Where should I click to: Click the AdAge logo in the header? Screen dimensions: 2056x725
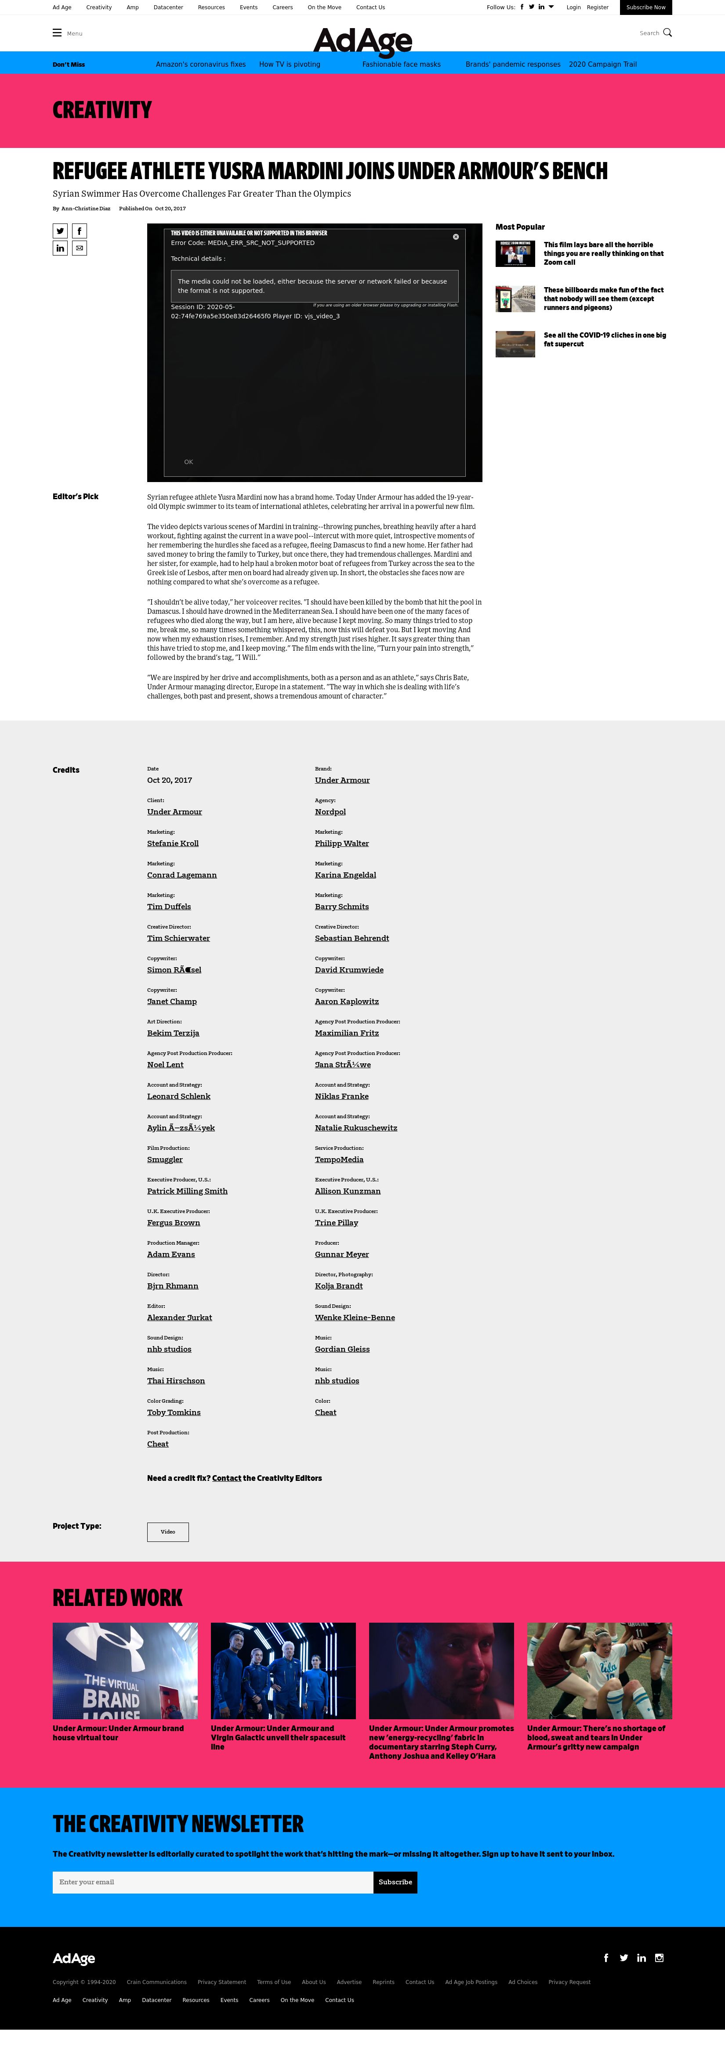[362, 40]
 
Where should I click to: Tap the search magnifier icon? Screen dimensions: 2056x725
[667, 33]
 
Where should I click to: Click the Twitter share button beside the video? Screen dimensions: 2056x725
[60, 230]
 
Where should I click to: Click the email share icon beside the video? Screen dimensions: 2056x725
[79, 248]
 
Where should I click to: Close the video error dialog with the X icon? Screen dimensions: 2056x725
[456, 236]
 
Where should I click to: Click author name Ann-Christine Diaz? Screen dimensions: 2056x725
[85, 208]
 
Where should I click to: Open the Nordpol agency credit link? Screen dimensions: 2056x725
[330, 812]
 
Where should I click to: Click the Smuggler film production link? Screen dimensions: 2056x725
[164, 1159]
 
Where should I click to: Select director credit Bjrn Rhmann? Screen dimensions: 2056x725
[173, 1286]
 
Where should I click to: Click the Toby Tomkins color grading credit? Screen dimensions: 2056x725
[173, 1413]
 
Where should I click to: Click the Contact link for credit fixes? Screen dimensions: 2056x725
[227, 1478]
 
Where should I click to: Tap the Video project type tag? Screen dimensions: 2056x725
[168, 1532]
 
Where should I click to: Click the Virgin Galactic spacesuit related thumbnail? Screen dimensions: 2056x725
[283, 1671]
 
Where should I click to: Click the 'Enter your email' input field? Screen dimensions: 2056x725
[212, 1882]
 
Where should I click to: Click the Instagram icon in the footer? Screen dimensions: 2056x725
[659, 1958]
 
